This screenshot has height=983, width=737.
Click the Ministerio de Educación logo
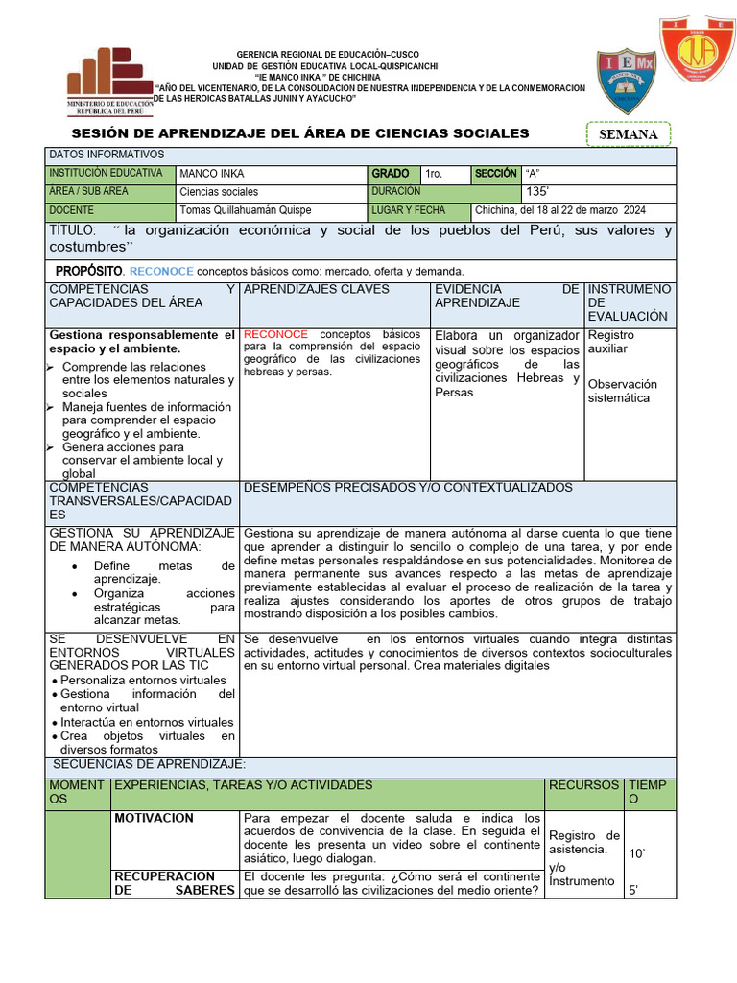[109, 83]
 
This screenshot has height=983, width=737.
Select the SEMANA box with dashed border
[629, 134]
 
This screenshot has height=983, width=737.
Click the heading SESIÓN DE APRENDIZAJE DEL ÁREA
[300, 133]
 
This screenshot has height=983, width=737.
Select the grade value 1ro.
[434, 174]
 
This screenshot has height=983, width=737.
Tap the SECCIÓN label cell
[495, 174]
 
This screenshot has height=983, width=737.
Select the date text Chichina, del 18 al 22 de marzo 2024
[560, 210]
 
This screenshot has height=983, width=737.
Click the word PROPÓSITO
[89, 271]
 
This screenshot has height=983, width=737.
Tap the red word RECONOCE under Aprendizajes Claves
[276, 335]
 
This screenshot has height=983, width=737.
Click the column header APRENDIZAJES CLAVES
[317, 289]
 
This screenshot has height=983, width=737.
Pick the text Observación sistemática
[622, 391]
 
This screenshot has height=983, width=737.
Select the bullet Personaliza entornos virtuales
[143, 680]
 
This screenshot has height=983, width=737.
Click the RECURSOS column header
[583, 785]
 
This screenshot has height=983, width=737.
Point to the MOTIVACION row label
[154, 818]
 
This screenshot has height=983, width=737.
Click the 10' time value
[636, 852]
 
